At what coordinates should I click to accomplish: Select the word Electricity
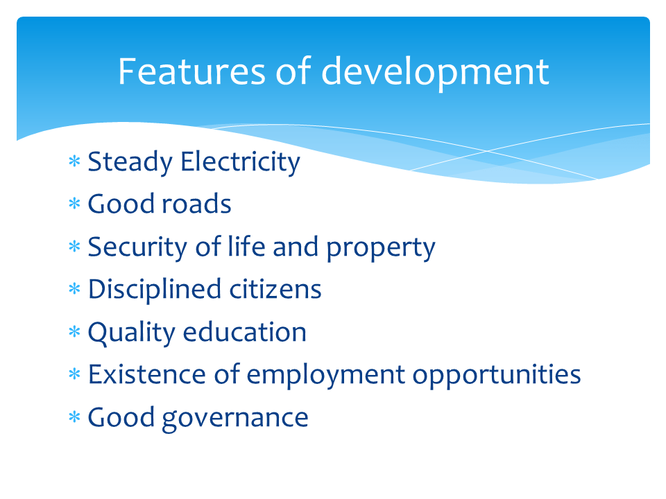coord(240,161)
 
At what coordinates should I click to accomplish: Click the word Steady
coord(130,163)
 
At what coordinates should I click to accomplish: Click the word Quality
coord(131,333)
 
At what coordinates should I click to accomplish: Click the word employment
coord(326,376)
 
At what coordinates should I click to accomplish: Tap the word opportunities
coord(497,376)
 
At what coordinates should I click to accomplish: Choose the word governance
coord(235,418)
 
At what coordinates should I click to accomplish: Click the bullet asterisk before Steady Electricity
coord(75,163)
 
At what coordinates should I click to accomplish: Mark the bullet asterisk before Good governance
coord(75,418)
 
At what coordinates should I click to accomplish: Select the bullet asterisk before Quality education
coord(75,333)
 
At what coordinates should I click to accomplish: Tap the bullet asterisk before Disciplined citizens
coord(75,290)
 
